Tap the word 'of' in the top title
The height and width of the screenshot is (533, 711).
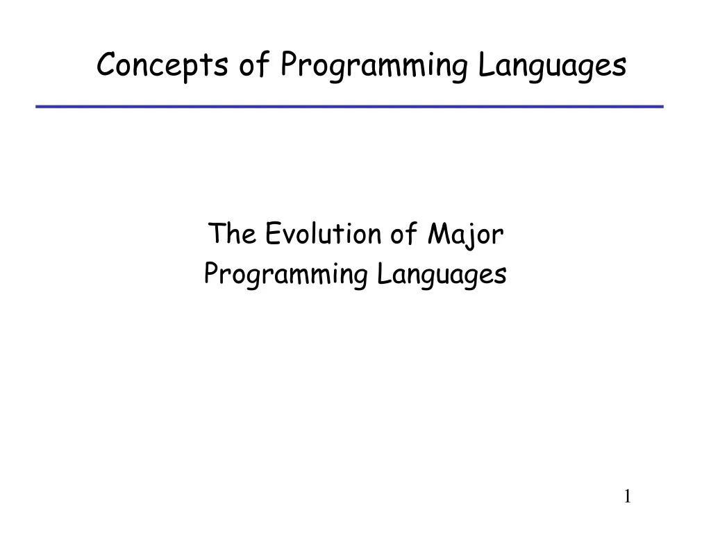[x=254, y=64]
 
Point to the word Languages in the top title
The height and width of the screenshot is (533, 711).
[x=552, y=66]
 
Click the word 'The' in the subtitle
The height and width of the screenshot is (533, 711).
[x=232, y=233]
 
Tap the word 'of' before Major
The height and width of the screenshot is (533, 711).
[x=403, y=233]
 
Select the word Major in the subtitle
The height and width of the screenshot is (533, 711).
[x=465, y=235]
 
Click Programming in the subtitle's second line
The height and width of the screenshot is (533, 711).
[x=285, y=275]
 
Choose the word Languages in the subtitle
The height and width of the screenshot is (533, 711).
[x=442, y=275]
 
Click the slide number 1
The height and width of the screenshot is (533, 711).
[x=628, y=496]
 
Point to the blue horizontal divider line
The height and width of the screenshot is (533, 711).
[x=350, y=106]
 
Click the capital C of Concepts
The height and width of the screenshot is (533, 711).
[x=107, y=64]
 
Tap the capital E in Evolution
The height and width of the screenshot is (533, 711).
[x=272, y=233]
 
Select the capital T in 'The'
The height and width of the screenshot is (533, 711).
[x=217, y=233]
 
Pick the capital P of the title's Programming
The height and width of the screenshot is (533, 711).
[x=289, y=64]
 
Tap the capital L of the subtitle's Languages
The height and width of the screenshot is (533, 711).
[x=383, y=273]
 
